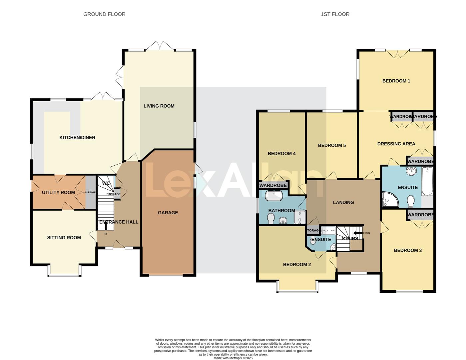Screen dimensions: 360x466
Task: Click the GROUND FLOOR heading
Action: pyautogui.click(x=104, y=14)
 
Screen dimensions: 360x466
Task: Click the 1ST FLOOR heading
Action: pyautogui.click(x=335, y=14)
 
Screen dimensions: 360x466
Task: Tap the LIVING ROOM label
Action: pyautogui.click(x=159, y=106)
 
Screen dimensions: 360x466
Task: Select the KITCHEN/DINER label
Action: pyautogui.click(x=77, y=138)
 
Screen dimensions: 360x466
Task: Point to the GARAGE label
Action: pyautogui.click(x=168, y=213)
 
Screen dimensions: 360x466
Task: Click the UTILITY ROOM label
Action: pyautogui.click(x=58, y=192)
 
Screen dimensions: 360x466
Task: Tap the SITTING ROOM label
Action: pyautogui.click(x=64, y=238)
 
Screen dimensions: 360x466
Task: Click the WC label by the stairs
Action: pyautogui.click(x=106, y=183)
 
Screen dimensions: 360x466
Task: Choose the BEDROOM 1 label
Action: pyautogui.click(x=396, y=81)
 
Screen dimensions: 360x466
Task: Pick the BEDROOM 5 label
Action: pyautogui.click(x=332, y=145)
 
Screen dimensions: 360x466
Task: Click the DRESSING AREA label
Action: pyautogui.click(x=396, y=144)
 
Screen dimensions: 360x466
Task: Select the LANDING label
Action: pyautogui.click(x=343, y=202)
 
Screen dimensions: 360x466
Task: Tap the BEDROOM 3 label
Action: pyautogui.click(x=408, y=250)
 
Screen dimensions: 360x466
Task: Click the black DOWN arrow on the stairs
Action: pyautogui.click(x=358, y=233)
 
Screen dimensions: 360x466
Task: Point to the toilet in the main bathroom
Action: pyautogui.click(x=271, y=218)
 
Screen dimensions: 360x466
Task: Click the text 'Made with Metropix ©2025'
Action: pyautogui.click(x=233, y=358)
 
